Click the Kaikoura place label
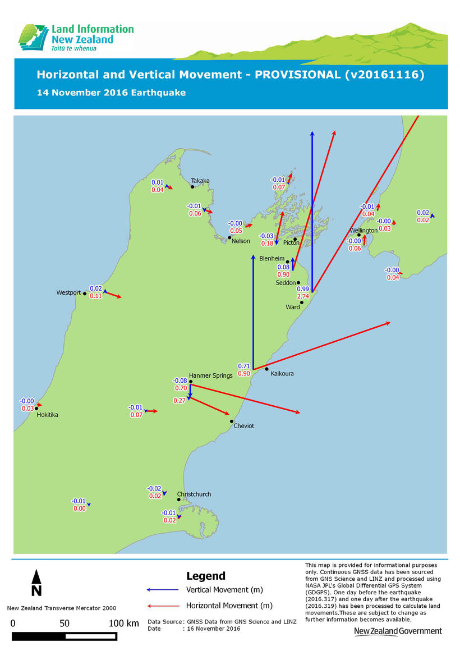[282, 373]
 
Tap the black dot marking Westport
[85, 294]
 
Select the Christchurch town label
[194, 494]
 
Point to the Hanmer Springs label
[210, 376]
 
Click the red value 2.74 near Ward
[303, 296]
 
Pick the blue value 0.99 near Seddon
[303, 289]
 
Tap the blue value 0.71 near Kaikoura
[243, 366]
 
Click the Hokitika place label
[47, 415]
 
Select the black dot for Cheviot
[232, 421]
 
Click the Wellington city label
[364, 231]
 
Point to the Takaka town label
[200, 181]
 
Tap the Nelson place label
[241, 241]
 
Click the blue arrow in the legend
[162, 590]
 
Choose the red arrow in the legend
[162, 606]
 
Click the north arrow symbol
[36, 582]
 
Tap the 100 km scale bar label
[124, 623]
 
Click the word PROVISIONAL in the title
[297, 75]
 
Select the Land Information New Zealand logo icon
[33, 38]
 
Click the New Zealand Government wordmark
[398, 631]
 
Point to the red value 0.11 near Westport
[96, 296]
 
